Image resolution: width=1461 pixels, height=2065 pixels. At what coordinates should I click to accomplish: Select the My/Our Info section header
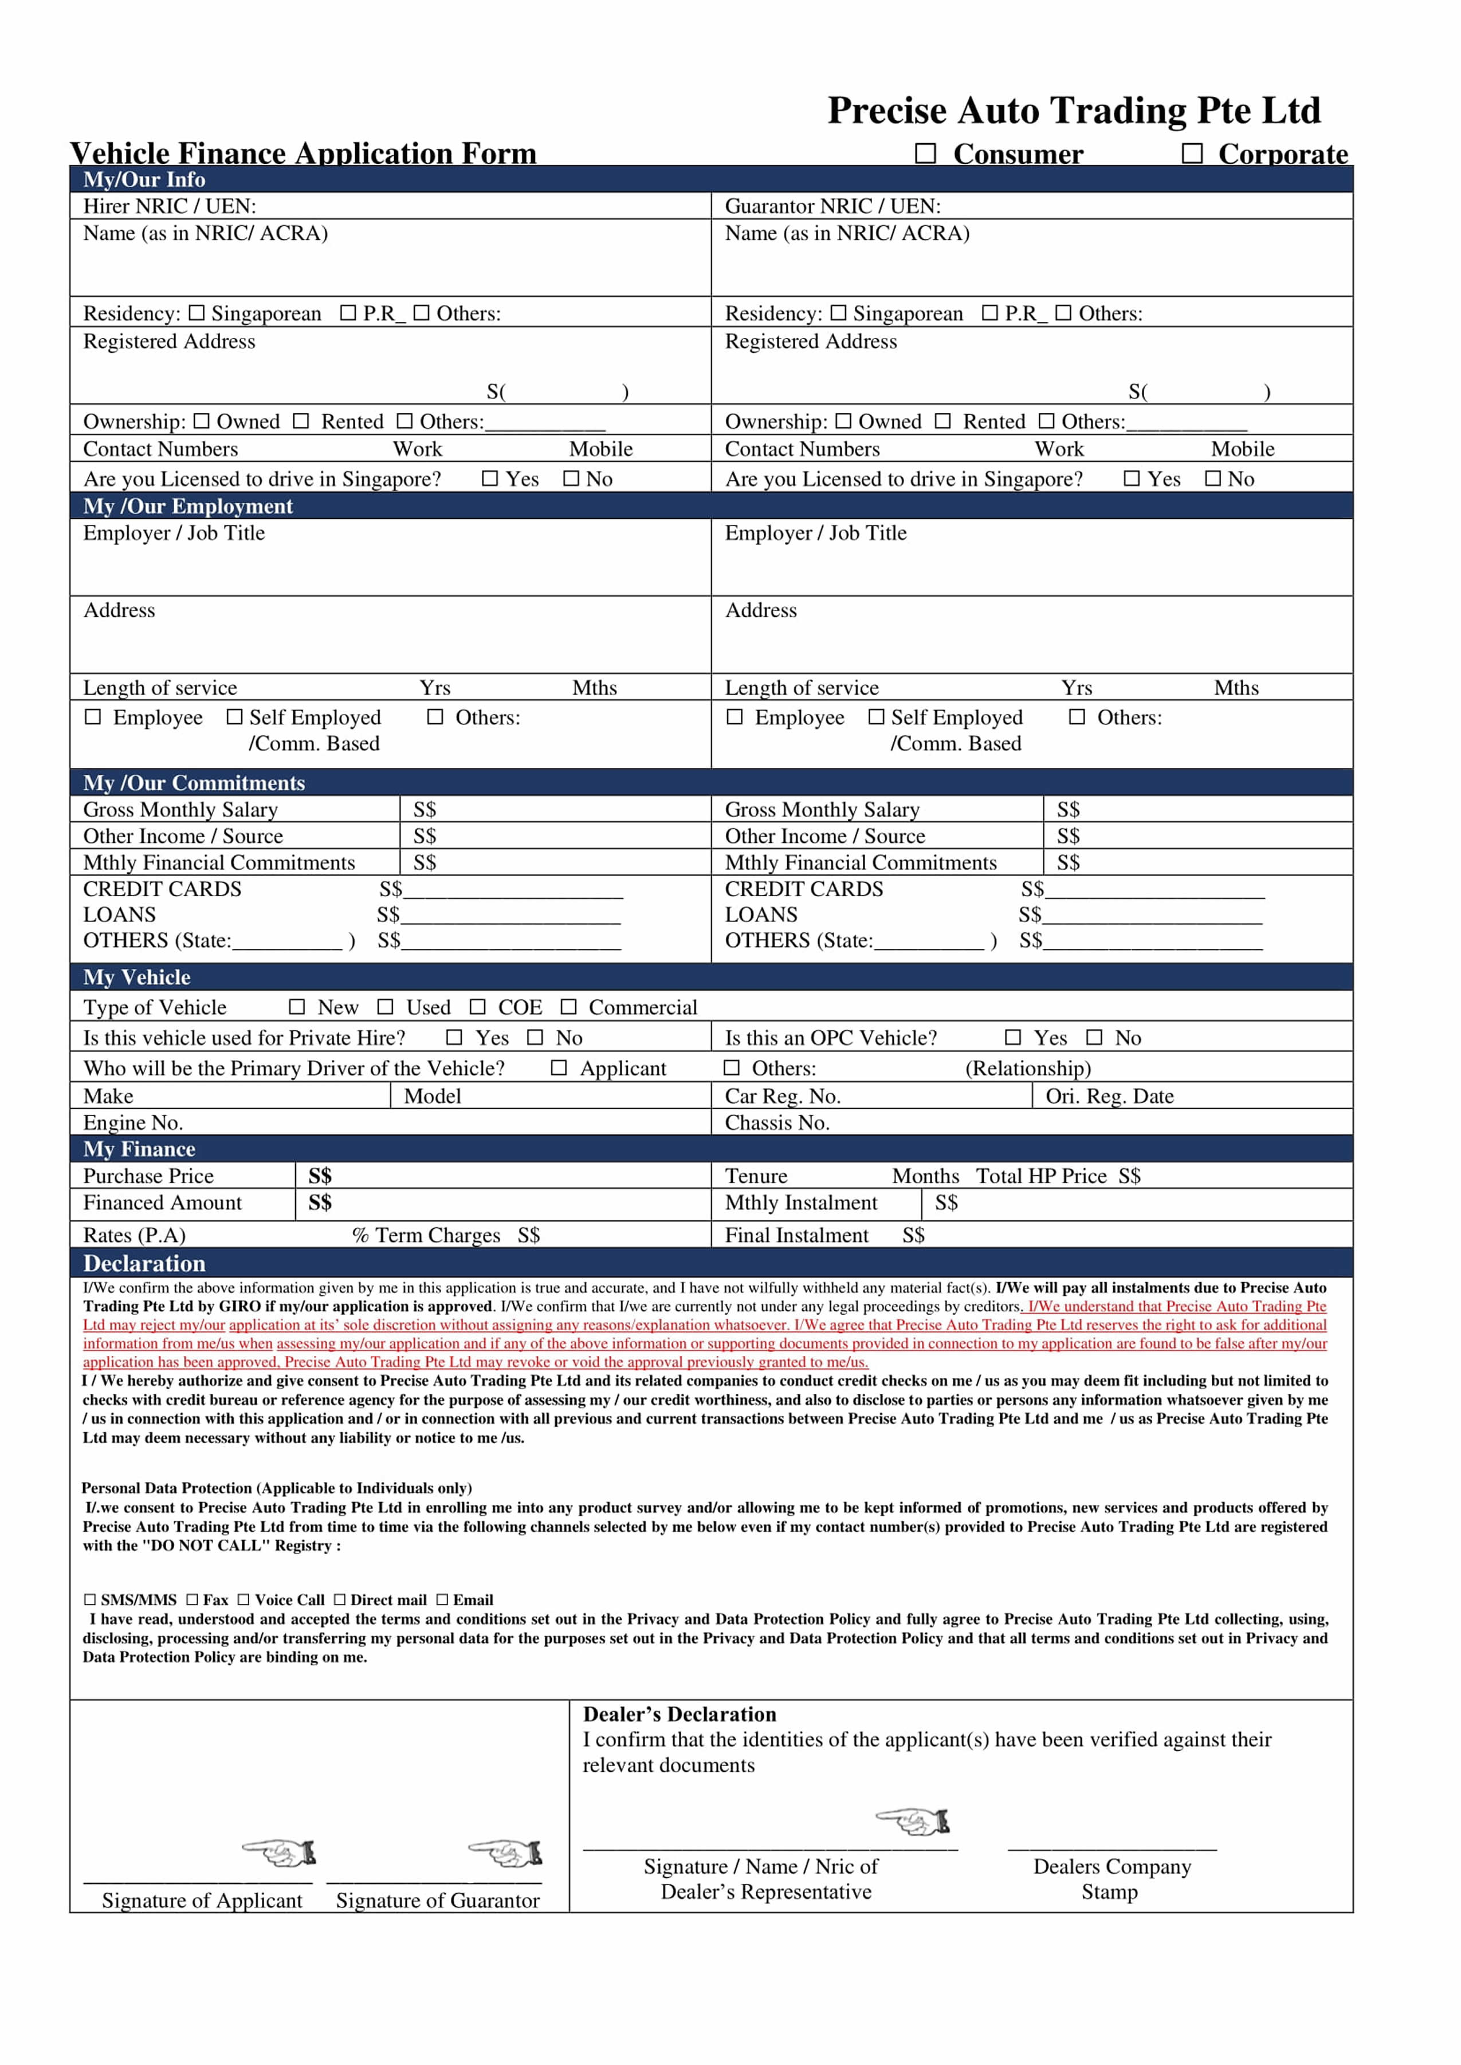click(x=144, y=179)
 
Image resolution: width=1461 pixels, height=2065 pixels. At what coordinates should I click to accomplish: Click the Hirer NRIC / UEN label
click(x=169, y=206)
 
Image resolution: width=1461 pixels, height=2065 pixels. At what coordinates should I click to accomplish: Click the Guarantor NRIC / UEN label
click(x=832, y=206)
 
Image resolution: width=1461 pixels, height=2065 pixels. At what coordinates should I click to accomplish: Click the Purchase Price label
click(x=148, y=1176)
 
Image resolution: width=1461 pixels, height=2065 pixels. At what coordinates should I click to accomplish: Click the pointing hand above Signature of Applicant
click(x=280, y=1853)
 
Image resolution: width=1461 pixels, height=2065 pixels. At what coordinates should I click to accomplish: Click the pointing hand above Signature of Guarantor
click(x=505, y=1853)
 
